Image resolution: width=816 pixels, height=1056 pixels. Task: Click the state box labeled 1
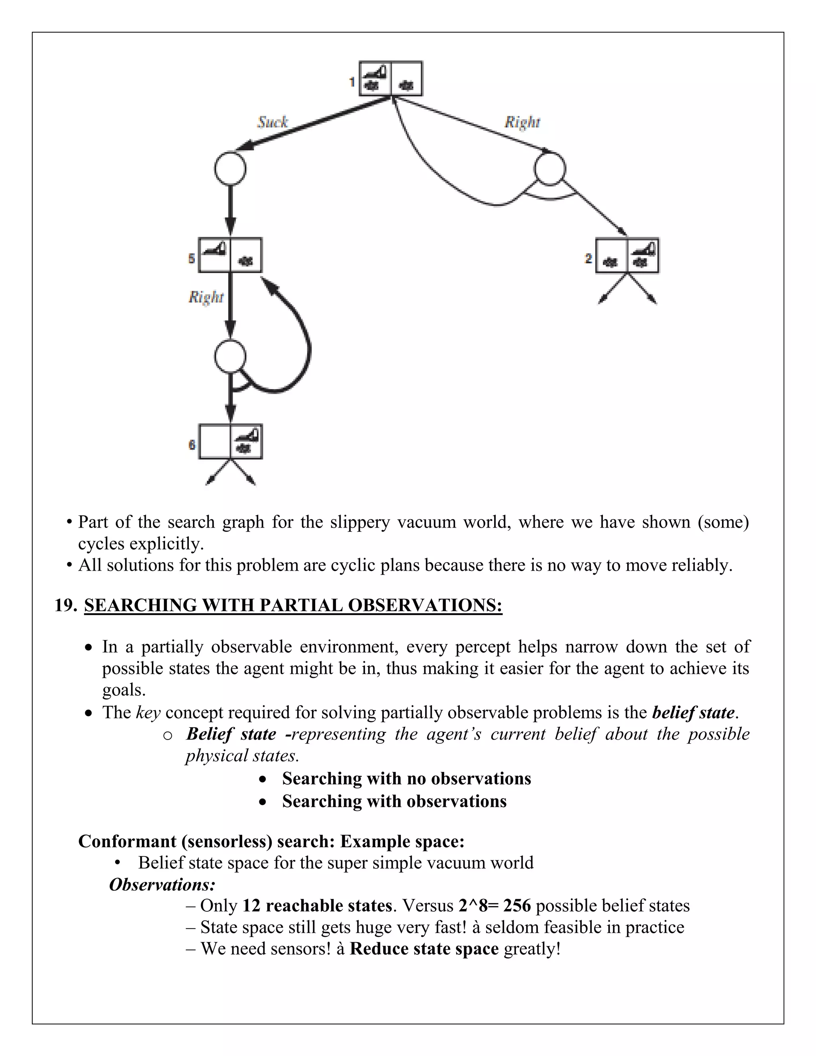pos(390,79)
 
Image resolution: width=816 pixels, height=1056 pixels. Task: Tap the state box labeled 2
pos(627,255)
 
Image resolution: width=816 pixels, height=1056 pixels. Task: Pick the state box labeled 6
pos(231,442)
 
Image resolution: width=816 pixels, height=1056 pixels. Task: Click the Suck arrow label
pos(272,122)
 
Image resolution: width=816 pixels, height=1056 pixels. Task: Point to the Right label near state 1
pos(522,122)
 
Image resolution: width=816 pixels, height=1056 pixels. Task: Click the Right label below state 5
pos(206,296)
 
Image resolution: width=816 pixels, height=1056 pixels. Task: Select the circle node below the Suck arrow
pos(230,169)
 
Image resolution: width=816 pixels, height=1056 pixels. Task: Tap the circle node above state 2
pos(549,169)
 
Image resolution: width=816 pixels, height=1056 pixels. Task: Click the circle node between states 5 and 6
pos(230,356)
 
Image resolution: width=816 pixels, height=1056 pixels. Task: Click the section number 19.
pos(65,605)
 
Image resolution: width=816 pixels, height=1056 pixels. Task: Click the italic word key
pos(148,713)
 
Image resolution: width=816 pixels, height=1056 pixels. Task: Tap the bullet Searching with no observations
pos(406,779)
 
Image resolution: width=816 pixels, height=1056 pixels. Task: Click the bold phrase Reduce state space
pos(424,949)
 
